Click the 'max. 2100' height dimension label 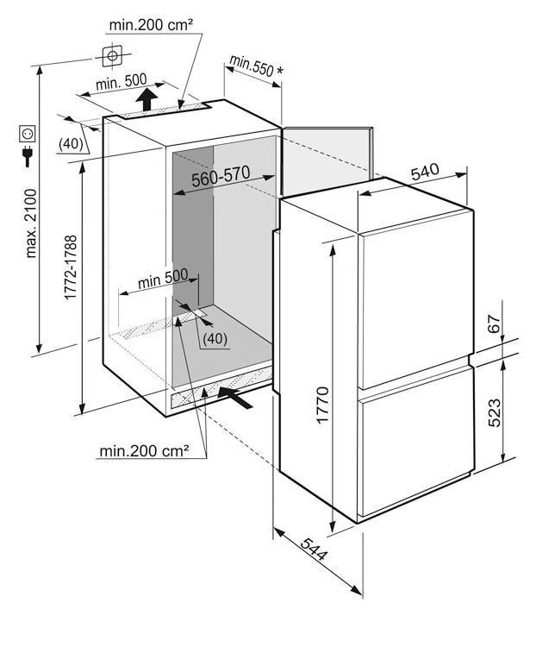pyautogui.click(x=32, y=222)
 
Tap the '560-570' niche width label pyautogui.click(x=221, y=175)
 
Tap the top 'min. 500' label pyautogui.click(x=121, y=83)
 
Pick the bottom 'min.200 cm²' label pyautogui.click(x=144, y=449)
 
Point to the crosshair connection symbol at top pyautogui.click(x=111, y=56)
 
